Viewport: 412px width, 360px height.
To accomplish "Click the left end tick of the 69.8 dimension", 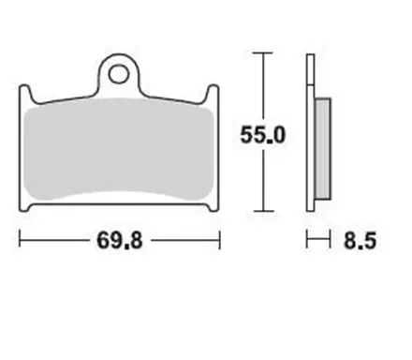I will click(20, 242).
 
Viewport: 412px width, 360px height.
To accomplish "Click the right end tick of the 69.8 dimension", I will click(219, 242).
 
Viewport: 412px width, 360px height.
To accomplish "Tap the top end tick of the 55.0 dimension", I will click(263, 52).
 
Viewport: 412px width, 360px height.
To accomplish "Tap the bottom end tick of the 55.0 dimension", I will click(263, 214).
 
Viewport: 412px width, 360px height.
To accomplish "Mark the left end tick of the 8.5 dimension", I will click(306, 242).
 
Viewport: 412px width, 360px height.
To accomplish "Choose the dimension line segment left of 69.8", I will click(56, 242).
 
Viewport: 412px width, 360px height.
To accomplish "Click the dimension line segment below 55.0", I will click(263, 183).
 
